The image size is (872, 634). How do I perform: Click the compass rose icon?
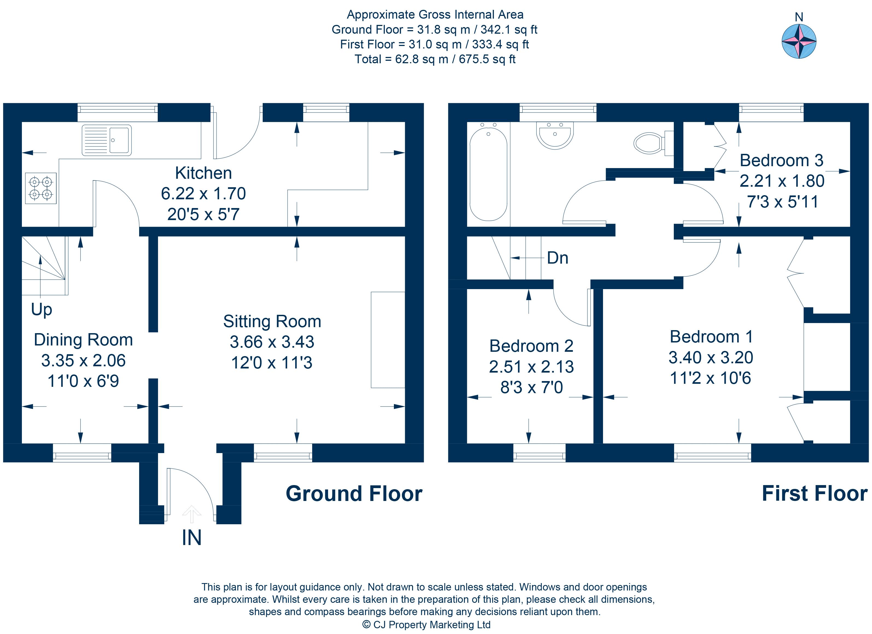pos(799,41)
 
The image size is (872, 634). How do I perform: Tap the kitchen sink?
pos(107,140)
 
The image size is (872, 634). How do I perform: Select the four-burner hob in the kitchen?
pos(41,188)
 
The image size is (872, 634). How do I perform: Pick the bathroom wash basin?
pos(555,135)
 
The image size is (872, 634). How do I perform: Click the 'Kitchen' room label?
pos(203,173)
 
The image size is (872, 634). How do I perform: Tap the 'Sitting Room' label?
pos(272,321)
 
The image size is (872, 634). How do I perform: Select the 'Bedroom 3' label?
pos(782,160)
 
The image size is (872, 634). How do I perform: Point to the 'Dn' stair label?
pos(557,258)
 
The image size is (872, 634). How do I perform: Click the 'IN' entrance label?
pos(191,537)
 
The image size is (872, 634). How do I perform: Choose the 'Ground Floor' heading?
pos(354,494)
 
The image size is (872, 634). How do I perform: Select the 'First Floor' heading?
pos(815,494)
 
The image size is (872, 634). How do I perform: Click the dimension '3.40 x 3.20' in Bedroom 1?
pos(710,358)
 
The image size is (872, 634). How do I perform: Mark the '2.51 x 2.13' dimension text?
pos(531,367)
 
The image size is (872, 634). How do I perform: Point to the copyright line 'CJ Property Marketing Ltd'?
pos(432,625)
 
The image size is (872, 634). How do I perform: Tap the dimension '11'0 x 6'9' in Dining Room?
pos(83,381)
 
